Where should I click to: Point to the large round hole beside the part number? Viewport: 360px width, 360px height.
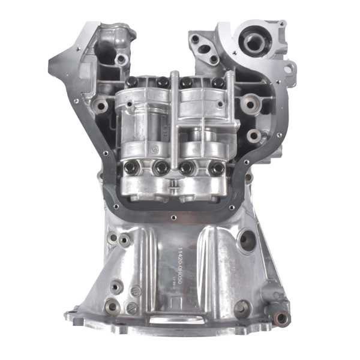click(247, 241)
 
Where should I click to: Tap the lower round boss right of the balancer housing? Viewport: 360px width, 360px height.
click(255, 135)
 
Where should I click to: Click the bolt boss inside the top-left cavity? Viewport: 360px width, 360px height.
click(122, 59)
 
